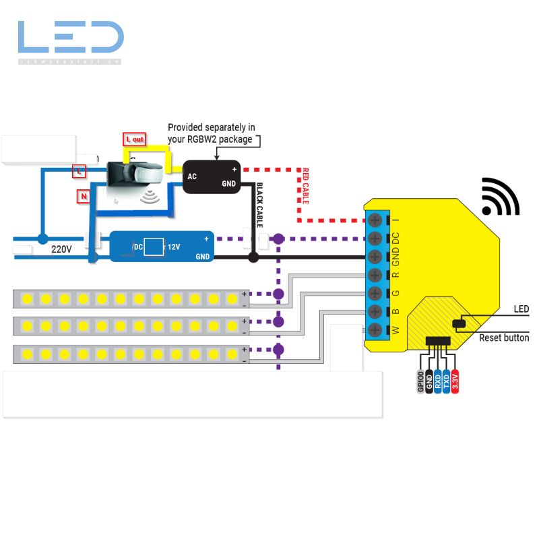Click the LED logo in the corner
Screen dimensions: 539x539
(x=71, y=39)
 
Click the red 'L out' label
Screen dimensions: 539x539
(x=135, y=139)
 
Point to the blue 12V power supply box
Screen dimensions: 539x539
(x=162, y=247)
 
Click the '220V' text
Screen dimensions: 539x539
(x=61, y=249)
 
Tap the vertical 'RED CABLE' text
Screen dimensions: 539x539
(x=305, y=186)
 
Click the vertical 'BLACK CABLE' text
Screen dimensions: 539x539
(x=260, y=205)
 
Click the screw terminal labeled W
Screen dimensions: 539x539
(x=376, y=330)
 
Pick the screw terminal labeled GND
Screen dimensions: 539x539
(x=376, y=257)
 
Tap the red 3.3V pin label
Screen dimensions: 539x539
(x=455, y=381)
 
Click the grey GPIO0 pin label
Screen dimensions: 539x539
(x=420, y=381)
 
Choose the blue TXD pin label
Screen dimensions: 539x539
(x=446, y=381)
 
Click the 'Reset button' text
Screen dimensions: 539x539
(x=503, y=338)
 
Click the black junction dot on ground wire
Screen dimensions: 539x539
(x=253, y=257)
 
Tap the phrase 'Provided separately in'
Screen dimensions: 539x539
(x=211, y=127)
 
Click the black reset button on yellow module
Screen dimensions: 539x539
(x=461, y=325)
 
